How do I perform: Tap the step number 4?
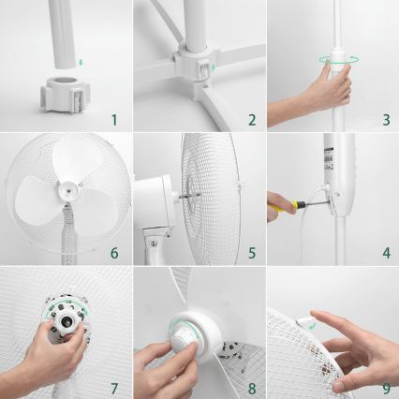(x=385, y=252)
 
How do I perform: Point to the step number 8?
(x=251, y=386)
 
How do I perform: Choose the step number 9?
(x=384, y=386)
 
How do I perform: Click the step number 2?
(x=251, y=119)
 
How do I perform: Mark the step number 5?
(x=251, y=252)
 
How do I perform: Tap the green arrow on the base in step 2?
(x=213, y=67)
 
